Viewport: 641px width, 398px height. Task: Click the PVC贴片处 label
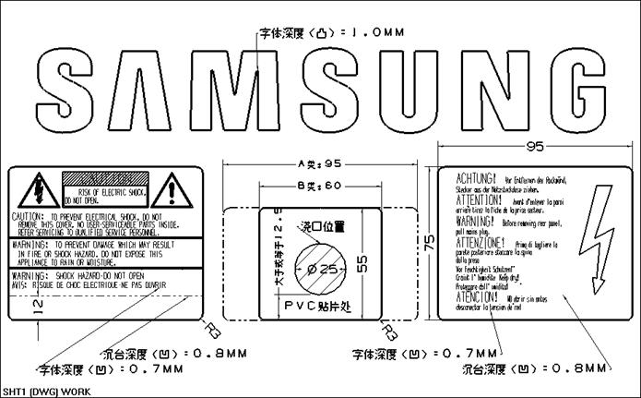coord(320,304)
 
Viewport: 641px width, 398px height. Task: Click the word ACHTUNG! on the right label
coord(476,175)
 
